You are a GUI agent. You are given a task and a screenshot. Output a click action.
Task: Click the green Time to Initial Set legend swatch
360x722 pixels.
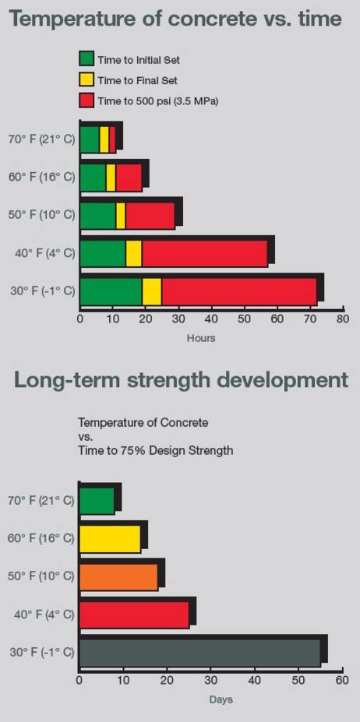(x=86, y=58)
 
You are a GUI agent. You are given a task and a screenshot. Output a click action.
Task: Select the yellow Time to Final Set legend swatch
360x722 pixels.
(x=86, y=79)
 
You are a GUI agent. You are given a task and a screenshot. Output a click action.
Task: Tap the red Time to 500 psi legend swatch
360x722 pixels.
(x=86, y=100)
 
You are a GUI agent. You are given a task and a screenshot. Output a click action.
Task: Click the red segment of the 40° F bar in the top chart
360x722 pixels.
(x=204, y=254)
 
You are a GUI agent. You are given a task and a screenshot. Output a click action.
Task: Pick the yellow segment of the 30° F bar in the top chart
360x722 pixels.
(x=151, y=291)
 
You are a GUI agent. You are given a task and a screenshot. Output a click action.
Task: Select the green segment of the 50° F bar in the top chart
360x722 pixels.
(x=97, y=216)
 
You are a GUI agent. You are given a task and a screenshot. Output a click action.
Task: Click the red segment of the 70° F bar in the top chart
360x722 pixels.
(x=112, y=139)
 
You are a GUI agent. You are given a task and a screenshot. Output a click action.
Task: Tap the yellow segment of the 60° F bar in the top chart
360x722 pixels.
(x=111, y=178)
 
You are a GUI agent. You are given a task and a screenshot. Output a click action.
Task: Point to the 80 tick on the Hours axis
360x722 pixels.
(x=342, y=318)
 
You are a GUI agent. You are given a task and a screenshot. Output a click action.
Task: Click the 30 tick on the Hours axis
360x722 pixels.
(x=178, y=318)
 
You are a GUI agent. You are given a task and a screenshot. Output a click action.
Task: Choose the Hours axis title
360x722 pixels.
(x=200, y=338)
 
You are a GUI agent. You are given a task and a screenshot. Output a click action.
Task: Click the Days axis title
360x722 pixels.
(x=221, y=699)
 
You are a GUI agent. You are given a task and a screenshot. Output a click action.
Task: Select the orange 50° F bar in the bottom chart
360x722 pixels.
(x=118, y=577)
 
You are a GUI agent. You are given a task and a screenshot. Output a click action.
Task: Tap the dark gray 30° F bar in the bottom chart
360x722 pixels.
(x=199, y=653)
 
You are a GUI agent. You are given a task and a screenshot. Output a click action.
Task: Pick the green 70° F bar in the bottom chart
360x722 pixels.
(x=97, y=502)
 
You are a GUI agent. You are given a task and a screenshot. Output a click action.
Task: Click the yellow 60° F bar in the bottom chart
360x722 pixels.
(x=110, y=539)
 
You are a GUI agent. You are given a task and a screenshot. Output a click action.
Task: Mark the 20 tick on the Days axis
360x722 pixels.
(x=167, y=680)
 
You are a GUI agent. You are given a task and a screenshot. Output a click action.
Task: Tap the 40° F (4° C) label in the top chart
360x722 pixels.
(x=41, y=254)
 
